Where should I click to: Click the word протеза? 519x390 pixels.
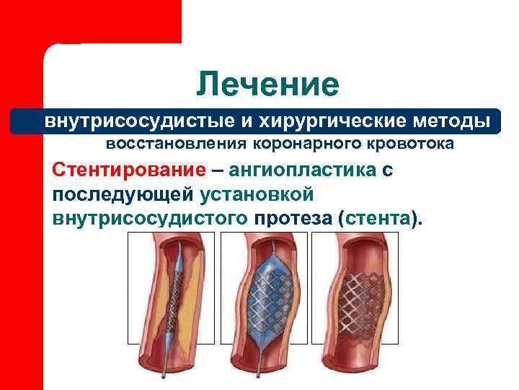[291, 217]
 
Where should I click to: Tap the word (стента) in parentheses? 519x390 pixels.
[378, 217]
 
